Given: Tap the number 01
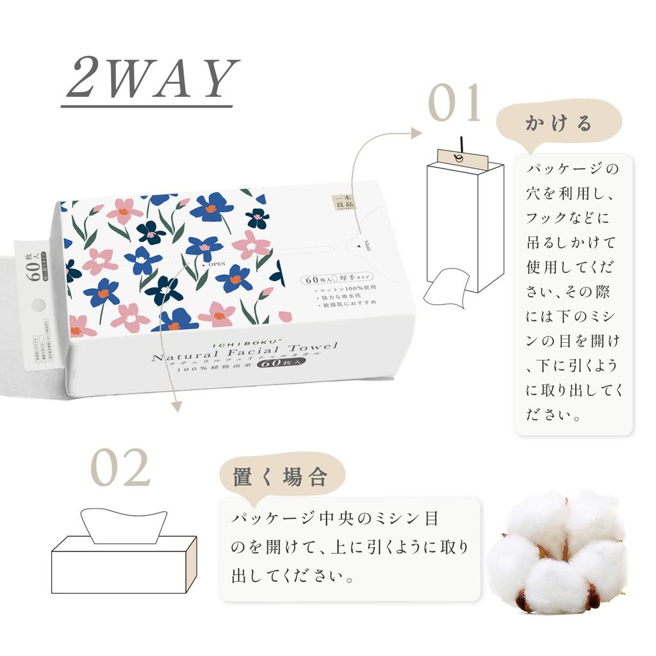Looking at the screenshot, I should click(454, 103).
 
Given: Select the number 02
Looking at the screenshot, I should click(120, 468).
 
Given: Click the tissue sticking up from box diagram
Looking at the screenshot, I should click(124, 524).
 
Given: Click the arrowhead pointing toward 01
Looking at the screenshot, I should click(416, 133).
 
